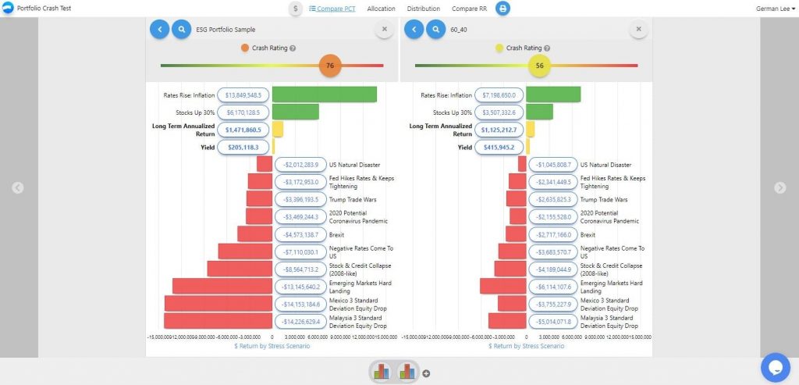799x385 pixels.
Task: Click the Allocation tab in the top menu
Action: coord(381,9)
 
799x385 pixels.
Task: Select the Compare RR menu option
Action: coord(472,9)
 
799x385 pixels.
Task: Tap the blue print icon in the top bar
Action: coord(503,9)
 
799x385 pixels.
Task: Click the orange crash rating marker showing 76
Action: coord(330,66)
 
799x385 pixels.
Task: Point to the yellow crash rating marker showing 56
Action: coord(539,66)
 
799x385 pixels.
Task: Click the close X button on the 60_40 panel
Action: coord(638,30)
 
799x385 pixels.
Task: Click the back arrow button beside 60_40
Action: coord(414,30)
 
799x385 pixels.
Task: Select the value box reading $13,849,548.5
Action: coord(243,94)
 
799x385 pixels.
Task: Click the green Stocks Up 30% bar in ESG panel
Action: coord(295,112)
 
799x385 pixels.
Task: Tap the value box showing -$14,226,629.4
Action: coord(300,321)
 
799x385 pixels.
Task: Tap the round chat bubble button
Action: coord(776,366)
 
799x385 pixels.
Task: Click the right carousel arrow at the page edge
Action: coord(779,187)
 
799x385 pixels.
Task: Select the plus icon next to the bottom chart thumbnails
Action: coord(426,373)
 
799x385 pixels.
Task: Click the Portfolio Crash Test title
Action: coord(41,9)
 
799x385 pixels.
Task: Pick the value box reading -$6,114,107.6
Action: coord(553,286)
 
